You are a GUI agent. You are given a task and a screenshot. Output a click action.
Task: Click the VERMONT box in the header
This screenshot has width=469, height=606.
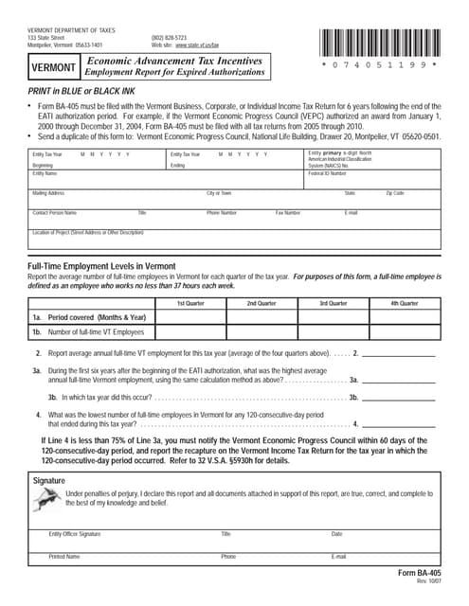point(53,69)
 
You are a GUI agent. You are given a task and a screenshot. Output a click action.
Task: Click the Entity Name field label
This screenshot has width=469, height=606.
point(45,174)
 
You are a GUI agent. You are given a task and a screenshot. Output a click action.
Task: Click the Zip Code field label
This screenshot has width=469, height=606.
point(395,193)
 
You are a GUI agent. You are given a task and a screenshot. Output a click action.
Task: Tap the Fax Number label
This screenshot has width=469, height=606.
point(288,213)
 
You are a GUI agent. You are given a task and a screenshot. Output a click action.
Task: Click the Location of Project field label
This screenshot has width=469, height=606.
point(80,232)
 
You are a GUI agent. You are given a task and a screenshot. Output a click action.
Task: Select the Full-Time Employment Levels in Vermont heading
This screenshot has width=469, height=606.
point(97,266)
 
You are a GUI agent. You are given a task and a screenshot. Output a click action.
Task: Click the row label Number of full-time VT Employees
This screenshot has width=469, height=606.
point(96,332)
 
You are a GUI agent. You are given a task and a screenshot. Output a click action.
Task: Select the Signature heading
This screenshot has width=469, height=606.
point(52,481)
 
